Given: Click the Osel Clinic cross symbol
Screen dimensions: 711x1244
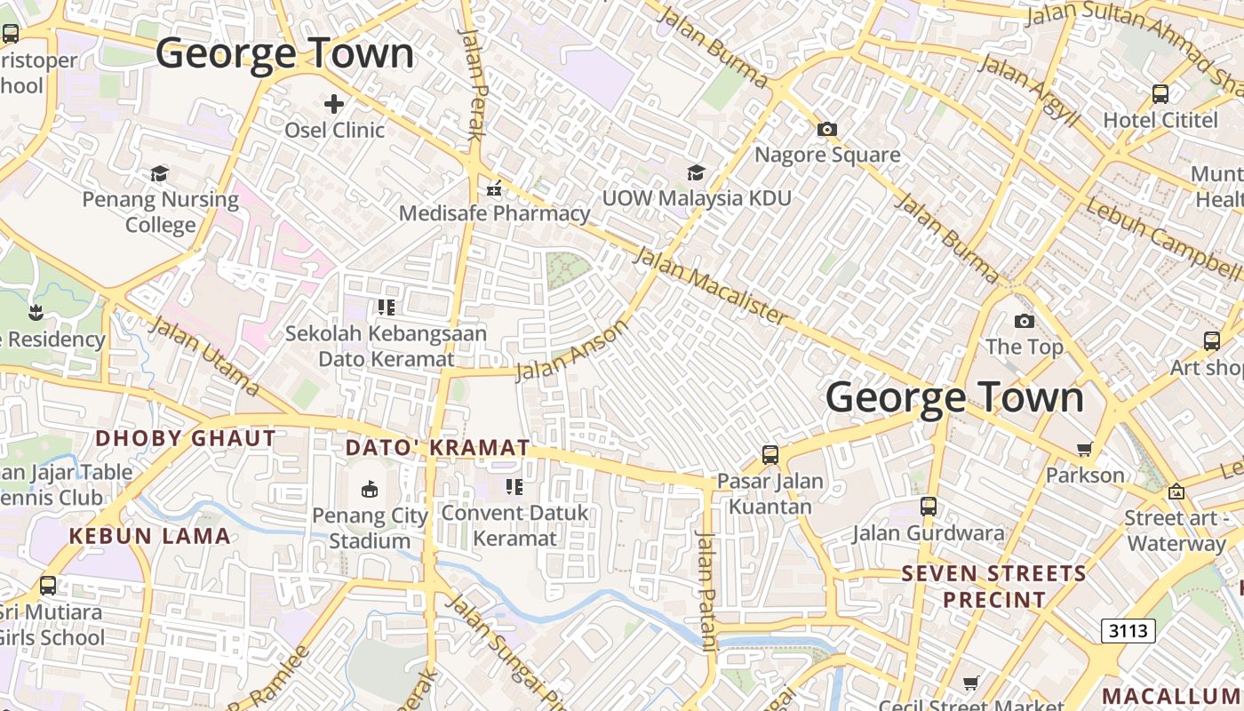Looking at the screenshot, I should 334,104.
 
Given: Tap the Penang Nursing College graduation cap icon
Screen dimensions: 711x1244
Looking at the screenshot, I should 160,173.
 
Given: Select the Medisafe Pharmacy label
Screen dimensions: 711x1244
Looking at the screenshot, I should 494,213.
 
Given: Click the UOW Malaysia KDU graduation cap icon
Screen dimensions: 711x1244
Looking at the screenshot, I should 696,172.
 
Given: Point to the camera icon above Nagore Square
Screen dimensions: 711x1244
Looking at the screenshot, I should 827,129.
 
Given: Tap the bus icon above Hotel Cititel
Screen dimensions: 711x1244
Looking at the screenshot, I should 1160,93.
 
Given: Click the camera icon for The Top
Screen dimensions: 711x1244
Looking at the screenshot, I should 1025,321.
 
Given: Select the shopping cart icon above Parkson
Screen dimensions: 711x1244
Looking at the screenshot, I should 1084,449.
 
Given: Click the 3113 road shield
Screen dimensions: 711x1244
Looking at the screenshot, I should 1128,631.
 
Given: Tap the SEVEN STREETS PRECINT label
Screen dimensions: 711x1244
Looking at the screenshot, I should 994,587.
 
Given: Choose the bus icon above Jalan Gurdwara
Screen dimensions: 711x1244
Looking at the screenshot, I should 929,507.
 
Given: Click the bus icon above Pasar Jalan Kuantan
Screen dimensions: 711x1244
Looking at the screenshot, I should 770,455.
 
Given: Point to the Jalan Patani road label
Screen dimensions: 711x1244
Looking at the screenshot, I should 707,592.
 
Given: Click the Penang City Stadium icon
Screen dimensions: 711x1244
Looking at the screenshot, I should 370,489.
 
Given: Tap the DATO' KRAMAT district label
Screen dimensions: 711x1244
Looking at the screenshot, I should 437,448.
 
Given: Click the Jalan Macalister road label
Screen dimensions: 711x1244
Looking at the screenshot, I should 710,285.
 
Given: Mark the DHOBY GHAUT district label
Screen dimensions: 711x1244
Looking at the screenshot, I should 186,438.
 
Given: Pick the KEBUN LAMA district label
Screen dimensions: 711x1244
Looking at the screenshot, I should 150,536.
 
